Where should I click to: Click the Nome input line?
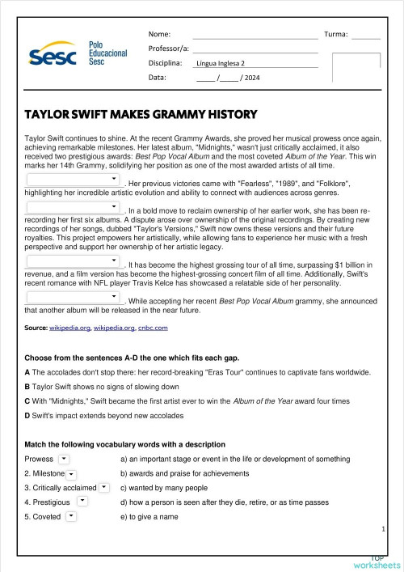pyautogui.click(x=255, y=36)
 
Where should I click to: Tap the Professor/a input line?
pyautogui.click(x=255, y=49)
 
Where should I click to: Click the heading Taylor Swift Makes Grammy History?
pyautogui.click(x=141, y=114)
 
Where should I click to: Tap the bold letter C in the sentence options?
pyautogui.click(x=27, y=400)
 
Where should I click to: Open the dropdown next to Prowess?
pyautogui.click(x=64, y=460)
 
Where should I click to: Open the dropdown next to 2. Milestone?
pyautogui.click(x=72, y=474)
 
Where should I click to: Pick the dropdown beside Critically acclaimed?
pyautogui.click(x=104, y=488)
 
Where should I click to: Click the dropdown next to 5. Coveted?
pyautogui.click(x=71, y=516)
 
